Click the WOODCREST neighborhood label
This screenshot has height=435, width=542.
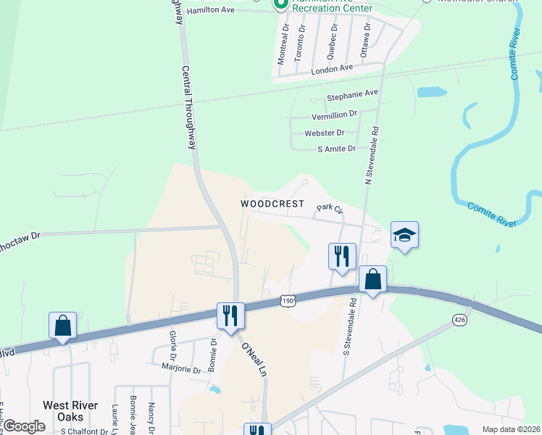(x=272, y=204)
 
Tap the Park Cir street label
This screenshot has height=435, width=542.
(x=329, y=208)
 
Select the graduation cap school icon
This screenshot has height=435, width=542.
(x=404, y=236)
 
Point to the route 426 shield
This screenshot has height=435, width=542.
(x=459, y=319)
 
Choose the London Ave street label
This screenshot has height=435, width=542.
(x=332, y=67)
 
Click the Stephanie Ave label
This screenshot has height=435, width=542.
(x=353, y=94)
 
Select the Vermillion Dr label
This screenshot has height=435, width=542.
(x=335, y=114)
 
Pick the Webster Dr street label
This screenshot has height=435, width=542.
(x=325, y=133)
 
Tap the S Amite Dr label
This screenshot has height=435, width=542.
(x=337, y=149)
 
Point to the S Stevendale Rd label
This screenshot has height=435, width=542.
(x=350, y=326)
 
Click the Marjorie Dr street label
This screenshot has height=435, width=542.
(x=181, y=369)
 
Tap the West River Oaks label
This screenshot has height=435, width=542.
(x=72, y=411)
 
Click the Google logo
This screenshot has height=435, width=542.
(x=24, y=426)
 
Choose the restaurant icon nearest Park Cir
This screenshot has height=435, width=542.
(x=341, y=256)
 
